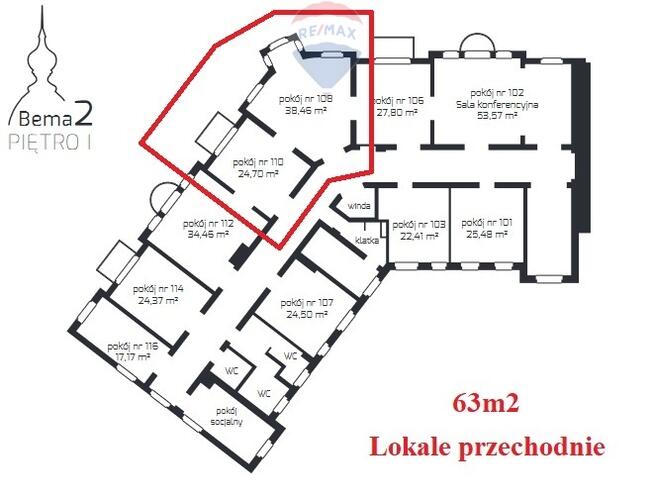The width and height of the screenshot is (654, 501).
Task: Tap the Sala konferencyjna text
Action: pos(497,104)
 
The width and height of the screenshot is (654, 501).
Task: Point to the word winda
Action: pos(360,206)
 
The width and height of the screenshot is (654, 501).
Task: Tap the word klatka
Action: pos(366,240)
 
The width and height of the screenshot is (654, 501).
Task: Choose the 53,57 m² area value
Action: pos(497,115)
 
